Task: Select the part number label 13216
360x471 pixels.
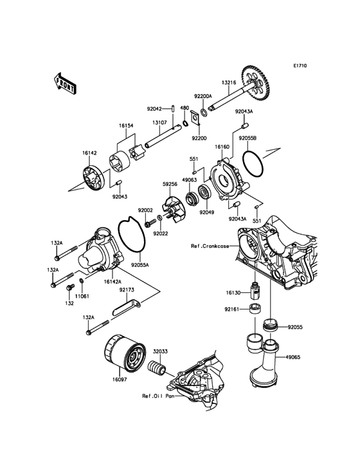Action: [229, 82]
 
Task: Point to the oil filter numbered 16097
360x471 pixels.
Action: [125, 354]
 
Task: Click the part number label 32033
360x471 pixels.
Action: [161, 351]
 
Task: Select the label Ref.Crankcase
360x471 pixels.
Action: [210, 246]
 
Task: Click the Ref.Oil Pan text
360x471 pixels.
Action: [158, 396]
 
